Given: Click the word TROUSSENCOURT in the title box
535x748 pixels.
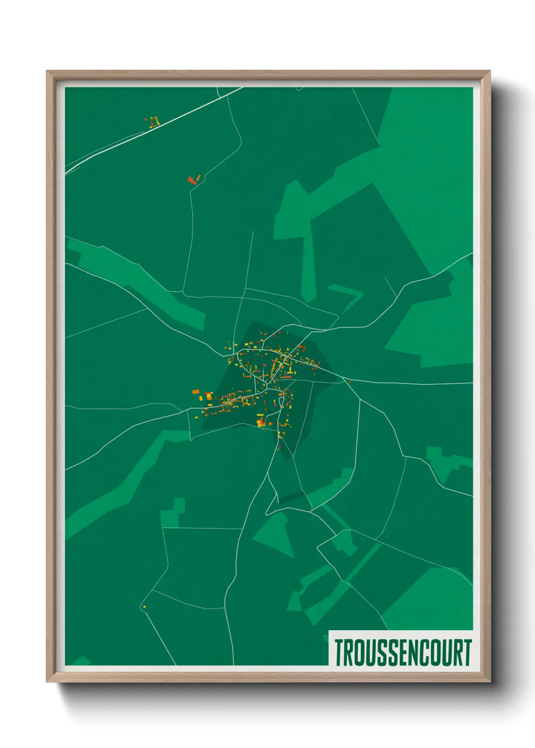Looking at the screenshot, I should [403, 652].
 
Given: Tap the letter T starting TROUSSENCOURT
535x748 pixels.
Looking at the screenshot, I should [338, 652].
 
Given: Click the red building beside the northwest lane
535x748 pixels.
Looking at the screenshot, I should [192, 180].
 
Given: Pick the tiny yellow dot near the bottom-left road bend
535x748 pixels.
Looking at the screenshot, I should [144, 606].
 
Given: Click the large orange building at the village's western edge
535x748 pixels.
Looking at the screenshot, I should [196, 391].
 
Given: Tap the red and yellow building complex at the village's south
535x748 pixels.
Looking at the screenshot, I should [261, 420].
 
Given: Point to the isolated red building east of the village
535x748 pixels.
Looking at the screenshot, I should [350, 381].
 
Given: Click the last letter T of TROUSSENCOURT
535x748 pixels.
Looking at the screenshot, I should [467, 652].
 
